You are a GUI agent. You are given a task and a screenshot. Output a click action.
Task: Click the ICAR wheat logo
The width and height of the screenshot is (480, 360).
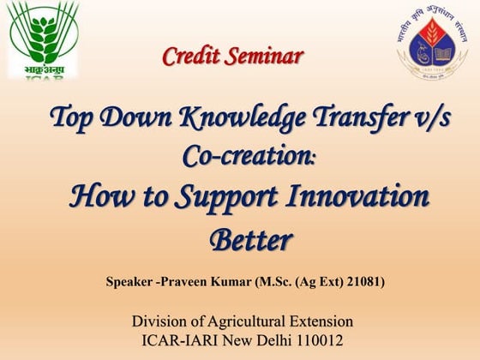43,39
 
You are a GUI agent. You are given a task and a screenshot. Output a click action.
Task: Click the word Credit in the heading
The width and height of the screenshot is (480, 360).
193,57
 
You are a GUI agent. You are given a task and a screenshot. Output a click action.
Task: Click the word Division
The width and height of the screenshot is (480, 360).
160,321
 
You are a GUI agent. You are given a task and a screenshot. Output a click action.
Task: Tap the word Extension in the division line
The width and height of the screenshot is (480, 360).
322,321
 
